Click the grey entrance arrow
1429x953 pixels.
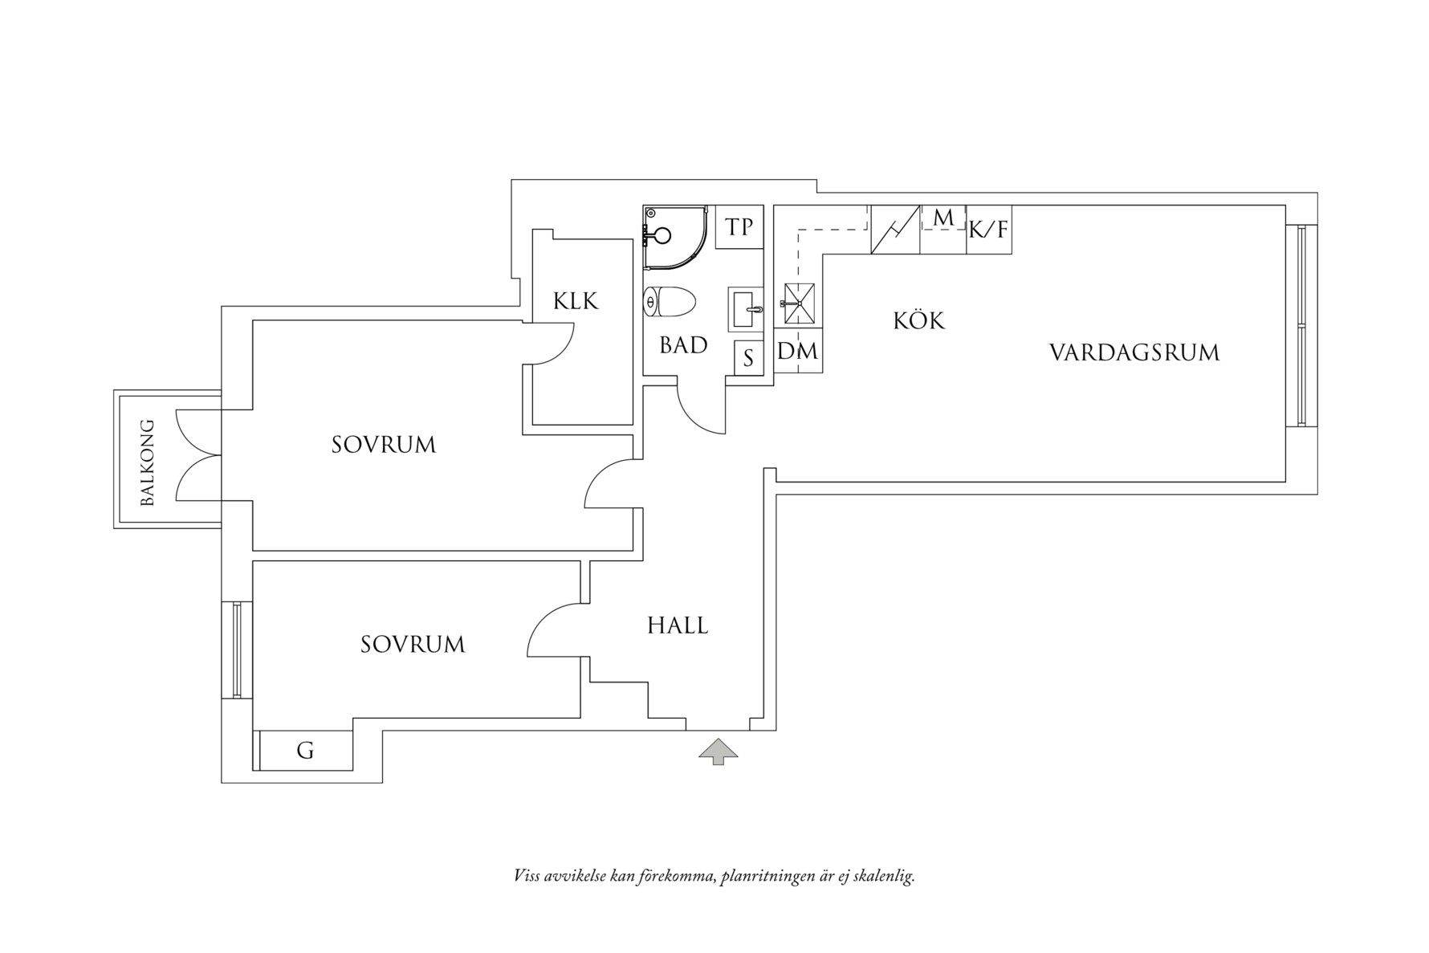pos(718,751)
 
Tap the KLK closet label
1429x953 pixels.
pos(576,301)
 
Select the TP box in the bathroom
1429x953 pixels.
pos(739,227)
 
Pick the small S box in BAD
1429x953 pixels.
pos(748,358)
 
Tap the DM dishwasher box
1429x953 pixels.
pos(798,351)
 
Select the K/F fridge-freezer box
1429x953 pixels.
pos(988,230)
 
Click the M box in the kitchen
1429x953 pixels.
pos(943,218)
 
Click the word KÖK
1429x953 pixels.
pos(919,321)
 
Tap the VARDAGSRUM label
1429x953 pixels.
pos(1134,352)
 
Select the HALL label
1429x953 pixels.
pos(678,625)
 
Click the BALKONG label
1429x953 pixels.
pos(147,462)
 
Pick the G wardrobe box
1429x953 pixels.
pos(305,751)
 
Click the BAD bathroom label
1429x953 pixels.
pos(683,345)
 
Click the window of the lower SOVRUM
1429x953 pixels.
pos(237,650)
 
